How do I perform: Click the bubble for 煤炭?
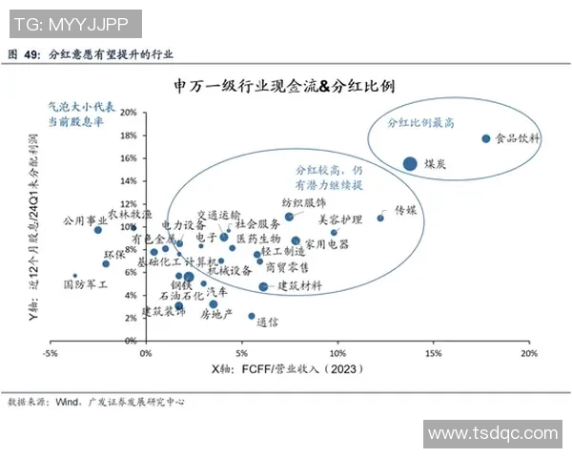410,163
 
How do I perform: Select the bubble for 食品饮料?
486,138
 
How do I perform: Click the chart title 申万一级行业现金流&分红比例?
285,86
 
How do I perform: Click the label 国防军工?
86,283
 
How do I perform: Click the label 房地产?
203,314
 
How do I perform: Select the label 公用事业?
85,219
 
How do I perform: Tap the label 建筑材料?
299,285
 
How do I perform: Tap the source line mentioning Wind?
95,402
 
